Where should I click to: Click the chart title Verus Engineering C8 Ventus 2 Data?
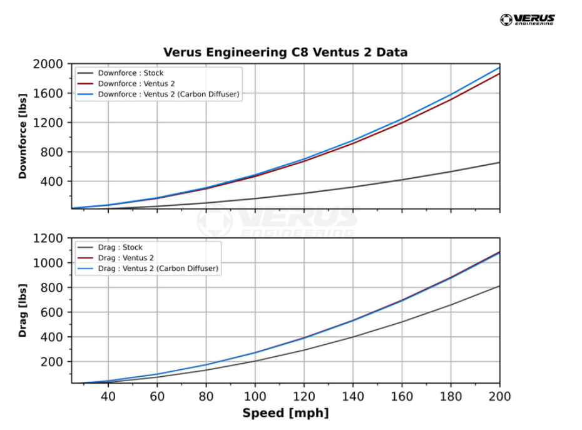click(285, 52)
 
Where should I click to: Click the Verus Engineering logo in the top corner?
click(528, 19)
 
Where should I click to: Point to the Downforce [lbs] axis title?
click(23, 136)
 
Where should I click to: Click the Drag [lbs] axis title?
click(23, 310)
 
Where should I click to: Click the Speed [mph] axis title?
click(285, 413)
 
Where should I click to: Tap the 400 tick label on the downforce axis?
click(53, 182)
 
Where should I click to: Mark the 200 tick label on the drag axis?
click(53, 362)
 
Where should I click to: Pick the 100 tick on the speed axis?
click(255, 397)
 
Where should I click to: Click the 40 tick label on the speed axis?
click(108, 397)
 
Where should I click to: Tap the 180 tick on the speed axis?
click(451, 397)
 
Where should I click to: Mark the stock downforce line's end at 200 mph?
click(499, 163)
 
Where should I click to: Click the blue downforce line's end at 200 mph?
click(499, 67)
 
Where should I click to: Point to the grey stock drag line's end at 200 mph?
click(499, 286)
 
